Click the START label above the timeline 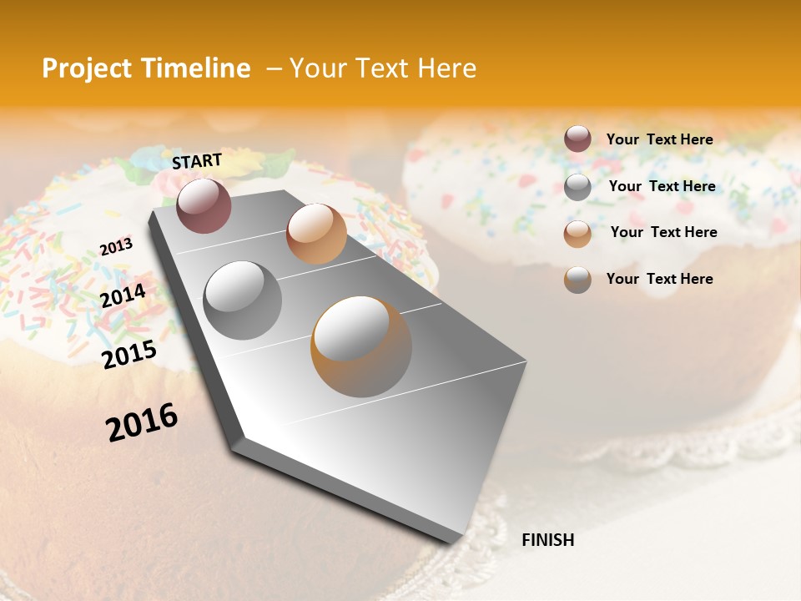(197, 161)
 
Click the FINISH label (548, 540)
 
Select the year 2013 (116, 247)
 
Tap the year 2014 (123, 295)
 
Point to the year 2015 (129, 355)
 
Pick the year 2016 (142, 422)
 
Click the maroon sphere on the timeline (204, 205)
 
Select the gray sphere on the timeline (243, 300)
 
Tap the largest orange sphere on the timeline (361, 346)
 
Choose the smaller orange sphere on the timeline (316, 234)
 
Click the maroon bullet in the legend (577, 139)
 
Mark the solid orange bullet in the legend (577, 234)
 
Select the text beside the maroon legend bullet (660, 139)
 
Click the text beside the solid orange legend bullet (664, 232)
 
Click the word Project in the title (86, 68)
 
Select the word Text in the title (379, 68)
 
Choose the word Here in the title (446, 68)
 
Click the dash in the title (273, 69)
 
